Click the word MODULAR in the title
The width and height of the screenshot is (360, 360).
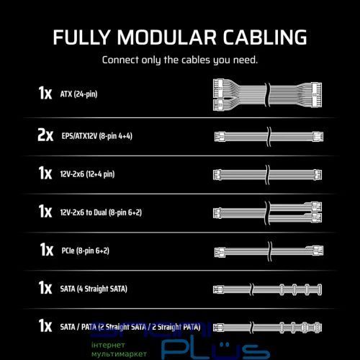pyautogui.click(x=167, y=37)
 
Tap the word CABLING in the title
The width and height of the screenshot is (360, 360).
pyautogui.click(x=265, y=37)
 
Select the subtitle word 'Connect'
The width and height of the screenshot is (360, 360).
pyautogui.click(x=120, y=60)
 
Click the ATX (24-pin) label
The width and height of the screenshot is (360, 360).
pyautogui.click(x=78, y=94)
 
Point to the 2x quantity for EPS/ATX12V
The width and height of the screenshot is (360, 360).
pyautogui.click(x=45, y=135)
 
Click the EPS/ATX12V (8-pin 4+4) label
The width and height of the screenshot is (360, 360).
pyautogui.click(x=97, y=136)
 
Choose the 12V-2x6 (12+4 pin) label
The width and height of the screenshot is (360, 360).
pyautogui.click(x=87, y=174)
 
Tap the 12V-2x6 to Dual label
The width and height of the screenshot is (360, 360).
pyautogui.click(x=101, y=212)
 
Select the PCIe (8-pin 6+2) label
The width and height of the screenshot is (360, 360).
pyautogui.click(x=86, y=251)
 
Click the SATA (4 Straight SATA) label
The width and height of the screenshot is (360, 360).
pyautogui.click(x=94, y=289)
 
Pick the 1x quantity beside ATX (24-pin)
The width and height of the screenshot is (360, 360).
pyautogui.click(x=45, y=93)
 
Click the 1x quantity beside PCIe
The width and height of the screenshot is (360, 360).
pyautogui.click(x=47, y=250)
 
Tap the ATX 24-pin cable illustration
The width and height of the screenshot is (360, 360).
pyautogui.click(x=267, y=94)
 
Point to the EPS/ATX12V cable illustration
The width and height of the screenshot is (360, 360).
pyautogui.click(x=269, y=137)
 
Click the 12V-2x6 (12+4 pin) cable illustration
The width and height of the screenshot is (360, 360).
pyautogui.click(x=267, y=174)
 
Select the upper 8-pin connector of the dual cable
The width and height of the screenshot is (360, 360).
pyautogui.click(x=316, y=206)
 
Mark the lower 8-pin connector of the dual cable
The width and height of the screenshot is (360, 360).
pyautogui.click(x=316, y=217)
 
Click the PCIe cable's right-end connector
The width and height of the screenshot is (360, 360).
pyautogui.click(x=318, y=251)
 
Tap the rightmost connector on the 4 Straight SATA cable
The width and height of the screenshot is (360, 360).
pyautogui.click(x=319, y=289)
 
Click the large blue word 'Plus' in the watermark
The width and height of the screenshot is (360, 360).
pyautogui.click(x=215, y=350)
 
